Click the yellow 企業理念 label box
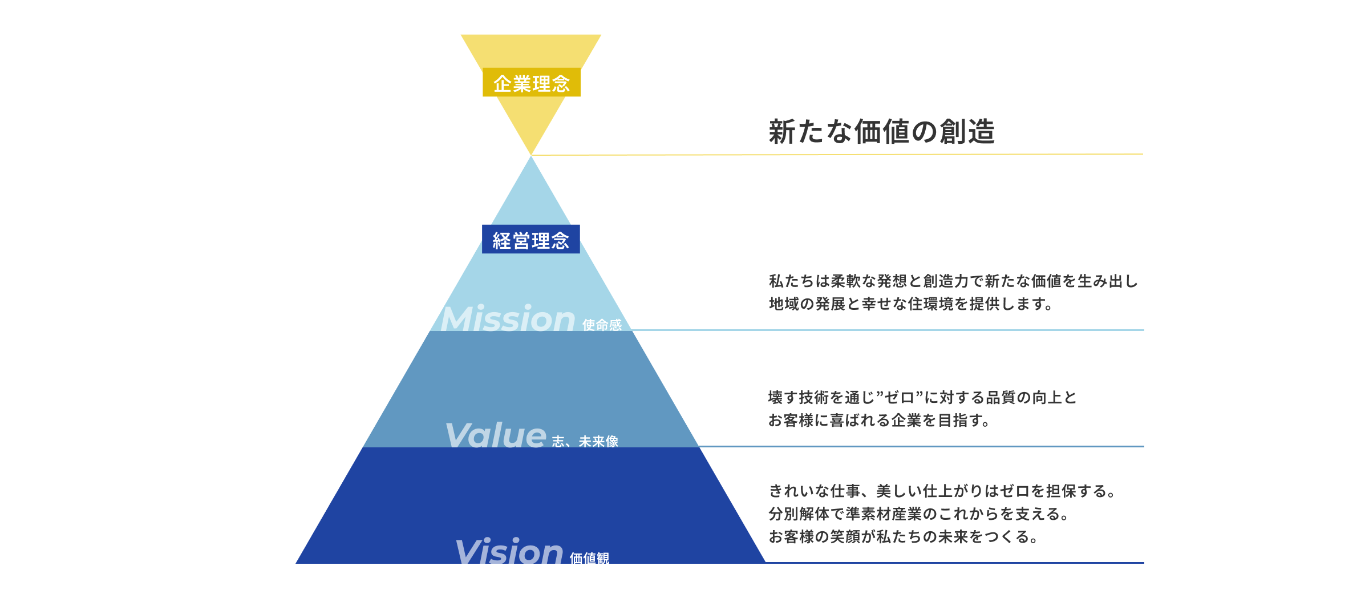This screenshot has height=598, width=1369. tap(531, 83)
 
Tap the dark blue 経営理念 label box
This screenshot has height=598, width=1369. tap(530, 240)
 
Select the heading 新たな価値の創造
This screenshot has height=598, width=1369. tap(881, 132)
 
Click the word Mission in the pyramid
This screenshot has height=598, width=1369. tap(508, 318)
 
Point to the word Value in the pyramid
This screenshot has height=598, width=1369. tap(495, 435)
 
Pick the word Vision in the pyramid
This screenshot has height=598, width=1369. tap(509, 551)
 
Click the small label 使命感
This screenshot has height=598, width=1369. tap(602, 325)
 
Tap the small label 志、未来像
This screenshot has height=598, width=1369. tap(585, 441)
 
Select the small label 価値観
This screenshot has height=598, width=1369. tap(589, 557)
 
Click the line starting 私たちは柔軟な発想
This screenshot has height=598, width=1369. tap(953, 281)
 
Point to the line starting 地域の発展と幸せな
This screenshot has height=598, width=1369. tap(910, 304)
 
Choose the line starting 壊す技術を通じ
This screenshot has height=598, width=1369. tap(922, 398)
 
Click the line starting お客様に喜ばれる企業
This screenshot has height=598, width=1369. tap(878, 421)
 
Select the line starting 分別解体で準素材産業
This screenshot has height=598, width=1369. tap(918, 514)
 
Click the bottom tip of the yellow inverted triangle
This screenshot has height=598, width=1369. tap(531, 153)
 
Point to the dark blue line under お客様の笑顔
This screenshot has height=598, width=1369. tap(953, 563)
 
